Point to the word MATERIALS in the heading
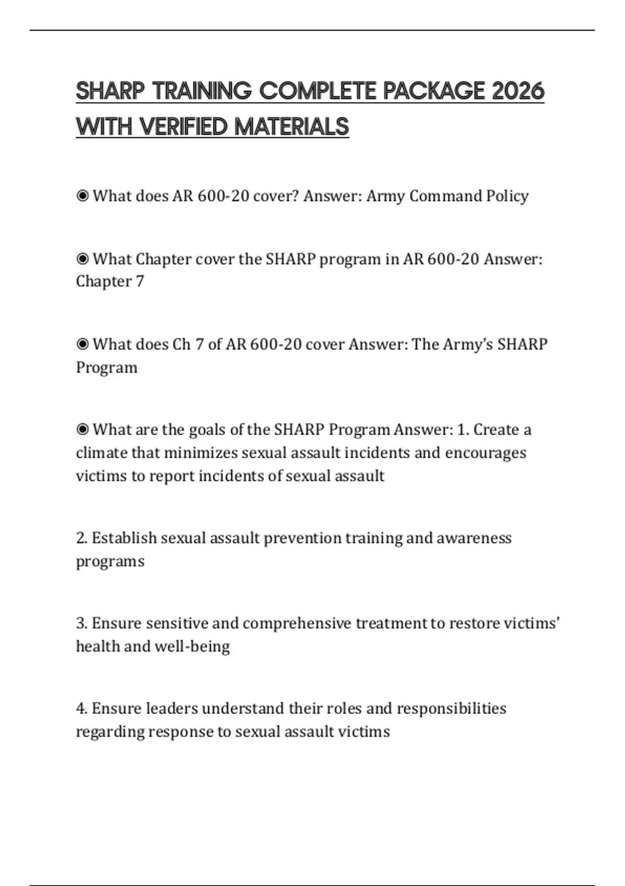(x=292, y=127)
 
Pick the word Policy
(x=507, y=196)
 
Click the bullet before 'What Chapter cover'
(x=82, y=259)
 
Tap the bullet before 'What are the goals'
(x=82, y=429)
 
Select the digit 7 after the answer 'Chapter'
(x=140, y=281)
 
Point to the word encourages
(x=485, y=452)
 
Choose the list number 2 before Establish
(x=81, y=538)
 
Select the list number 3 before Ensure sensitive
(x=81, y=623)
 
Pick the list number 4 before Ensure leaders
(x=81, y=708)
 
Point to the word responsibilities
(x=452, y=708)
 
